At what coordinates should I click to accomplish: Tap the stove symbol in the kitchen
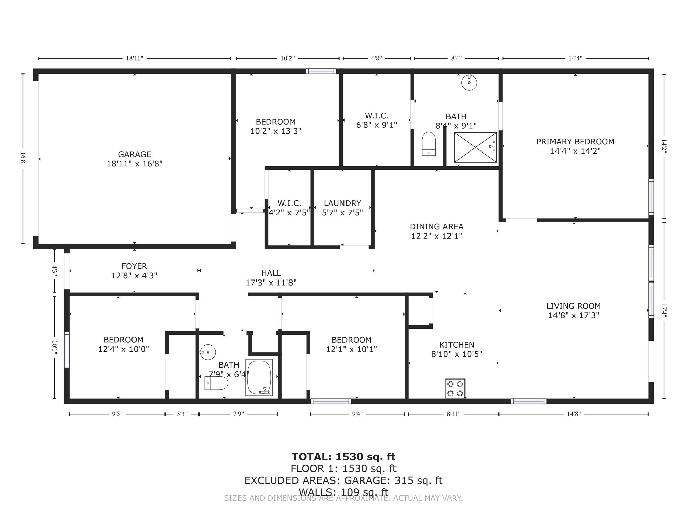(x=455, y=388)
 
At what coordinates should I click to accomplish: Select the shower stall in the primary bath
(x=475, y=147)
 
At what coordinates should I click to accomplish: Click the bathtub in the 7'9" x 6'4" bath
(x=259, y=378)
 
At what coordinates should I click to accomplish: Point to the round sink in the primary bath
(x=469, y=82)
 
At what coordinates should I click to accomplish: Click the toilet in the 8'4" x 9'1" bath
(x=429, y=144)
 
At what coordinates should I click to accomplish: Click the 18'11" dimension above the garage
(x=135, y=58)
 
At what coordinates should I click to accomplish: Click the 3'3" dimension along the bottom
(x=182, y=414)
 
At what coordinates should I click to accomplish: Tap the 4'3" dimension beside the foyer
(x=55, y=270)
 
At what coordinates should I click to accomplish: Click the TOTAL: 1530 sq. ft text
(x=343, y=457)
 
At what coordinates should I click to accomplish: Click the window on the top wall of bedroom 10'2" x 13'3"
(x=321, y=71)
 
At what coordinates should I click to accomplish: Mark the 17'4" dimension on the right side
(x=664, y=310)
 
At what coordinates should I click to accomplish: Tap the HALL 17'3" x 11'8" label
(x=271, y=278)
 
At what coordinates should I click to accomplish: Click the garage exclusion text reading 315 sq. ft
(x=418, y=480)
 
